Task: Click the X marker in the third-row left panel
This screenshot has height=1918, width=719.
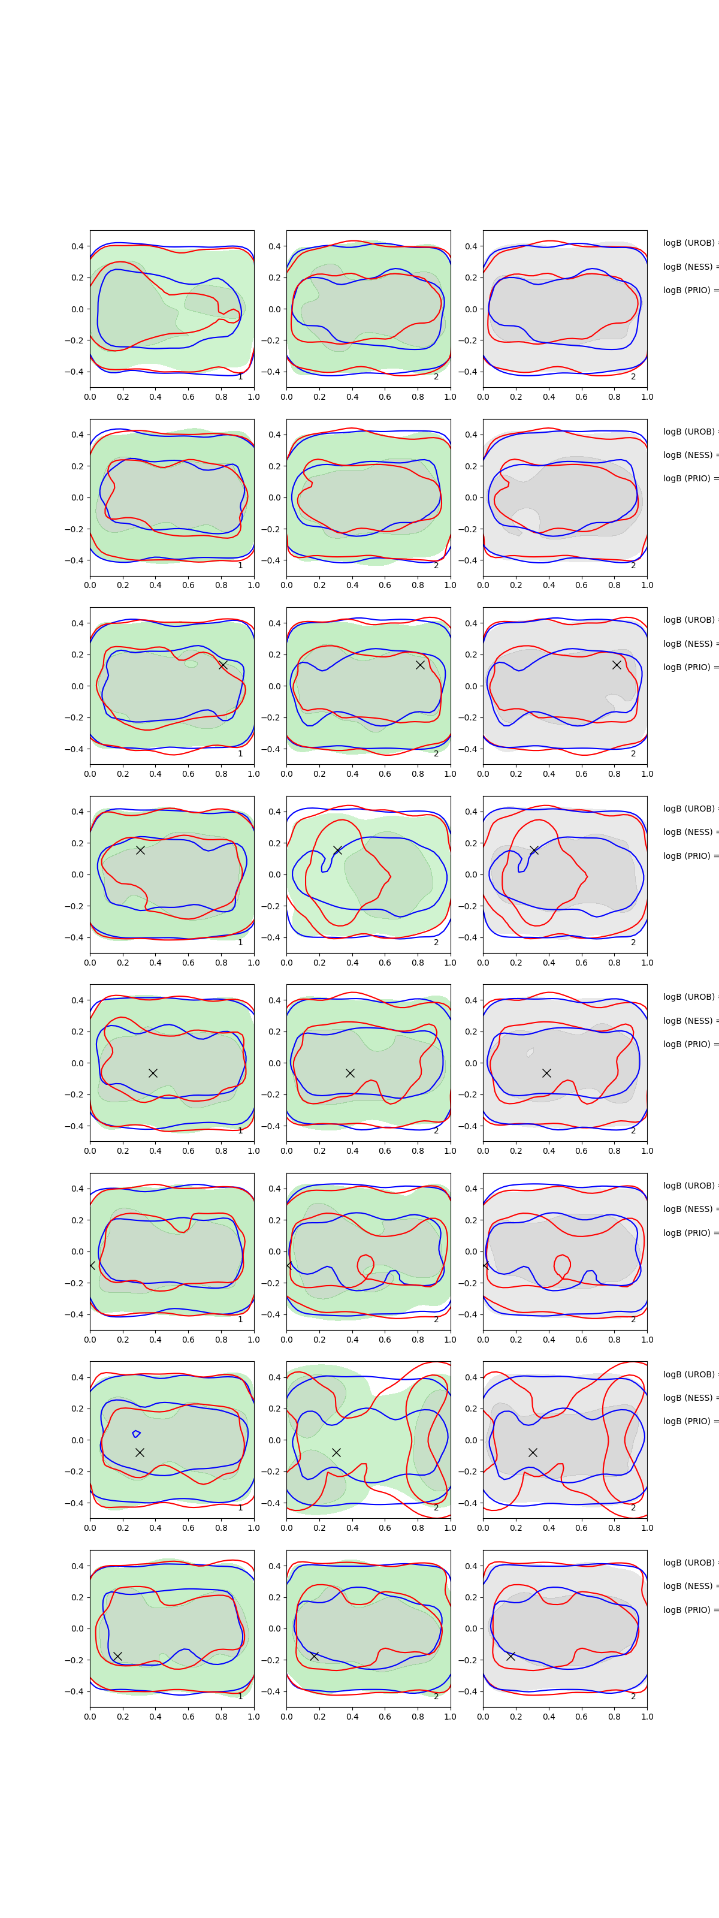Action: (x=222, y=665)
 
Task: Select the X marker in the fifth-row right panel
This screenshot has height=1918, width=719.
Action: (x=546, y=1073)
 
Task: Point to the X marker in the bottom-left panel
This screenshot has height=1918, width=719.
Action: (x=117, y=1656)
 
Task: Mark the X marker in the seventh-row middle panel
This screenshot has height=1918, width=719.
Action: (x=336, y=1452)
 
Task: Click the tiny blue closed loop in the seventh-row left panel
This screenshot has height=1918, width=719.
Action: (x=136, y=1433)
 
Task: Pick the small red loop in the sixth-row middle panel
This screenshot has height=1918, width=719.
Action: (x=365, y=1263)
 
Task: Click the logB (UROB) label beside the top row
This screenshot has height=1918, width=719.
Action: (x=689, y=243)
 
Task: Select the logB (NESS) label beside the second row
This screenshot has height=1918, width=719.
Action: (x=689, y=455)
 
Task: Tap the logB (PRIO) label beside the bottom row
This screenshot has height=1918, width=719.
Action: (x=689, y=1610)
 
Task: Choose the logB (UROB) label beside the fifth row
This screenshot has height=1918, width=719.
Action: (x=689, y=997)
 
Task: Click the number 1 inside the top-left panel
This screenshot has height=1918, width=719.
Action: (x=240, y=377)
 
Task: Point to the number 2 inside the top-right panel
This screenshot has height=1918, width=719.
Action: (x=633, y=377)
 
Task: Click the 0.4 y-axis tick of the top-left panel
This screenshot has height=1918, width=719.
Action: (x=77, y=246)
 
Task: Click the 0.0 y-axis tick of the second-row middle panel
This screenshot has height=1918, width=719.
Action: (x=274, y=497)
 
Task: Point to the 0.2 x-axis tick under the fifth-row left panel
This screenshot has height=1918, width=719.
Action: (x=123, y=1151)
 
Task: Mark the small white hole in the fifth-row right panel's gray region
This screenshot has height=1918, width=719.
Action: (x=530, y=1052)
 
